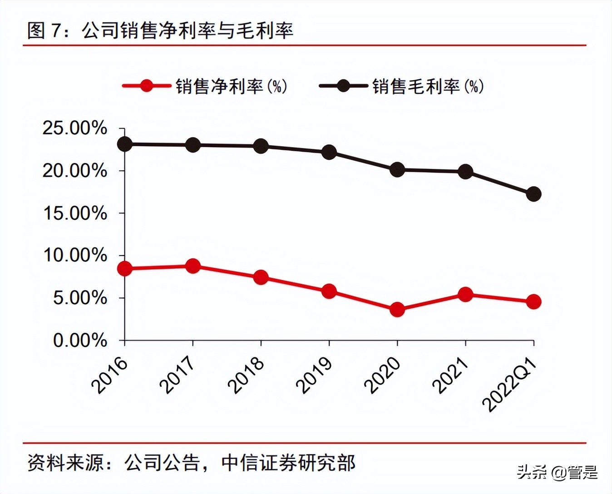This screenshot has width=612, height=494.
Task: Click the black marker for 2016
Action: click(125, 144)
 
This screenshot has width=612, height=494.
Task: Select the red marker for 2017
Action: click(193, 266)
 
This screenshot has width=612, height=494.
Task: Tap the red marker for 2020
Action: click(397, 310)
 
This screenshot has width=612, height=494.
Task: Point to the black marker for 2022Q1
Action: click(533, 194)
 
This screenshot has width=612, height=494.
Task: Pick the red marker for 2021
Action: click(465, 295)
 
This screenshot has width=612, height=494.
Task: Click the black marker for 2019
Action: click(329, 152)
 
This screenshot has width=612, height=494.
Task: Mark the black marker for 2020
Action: click(397, 170)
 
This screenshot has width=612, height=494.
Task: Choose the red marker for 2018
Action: click(261, 277)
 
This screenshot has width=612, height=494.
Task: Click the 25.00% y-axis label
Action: click(75, 128)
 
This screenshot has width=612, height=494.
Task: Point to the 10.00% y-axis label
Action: click(75, 256)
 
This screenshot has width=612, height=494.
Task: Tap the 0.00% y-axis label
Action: click(80, 341)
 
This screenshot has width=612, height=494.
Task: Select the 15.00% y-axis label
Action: click(75, 213)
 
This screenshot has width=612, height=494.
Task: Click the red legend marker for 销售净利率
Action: click(146, 86)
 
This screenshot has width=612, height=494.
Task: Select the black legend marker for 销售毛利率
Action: click(343, 86)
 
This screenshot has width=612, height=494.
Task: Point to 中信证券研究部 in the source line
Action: click(289, 463)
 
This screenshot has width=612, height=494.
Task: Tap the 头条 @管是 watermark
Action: click(558, 472)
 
